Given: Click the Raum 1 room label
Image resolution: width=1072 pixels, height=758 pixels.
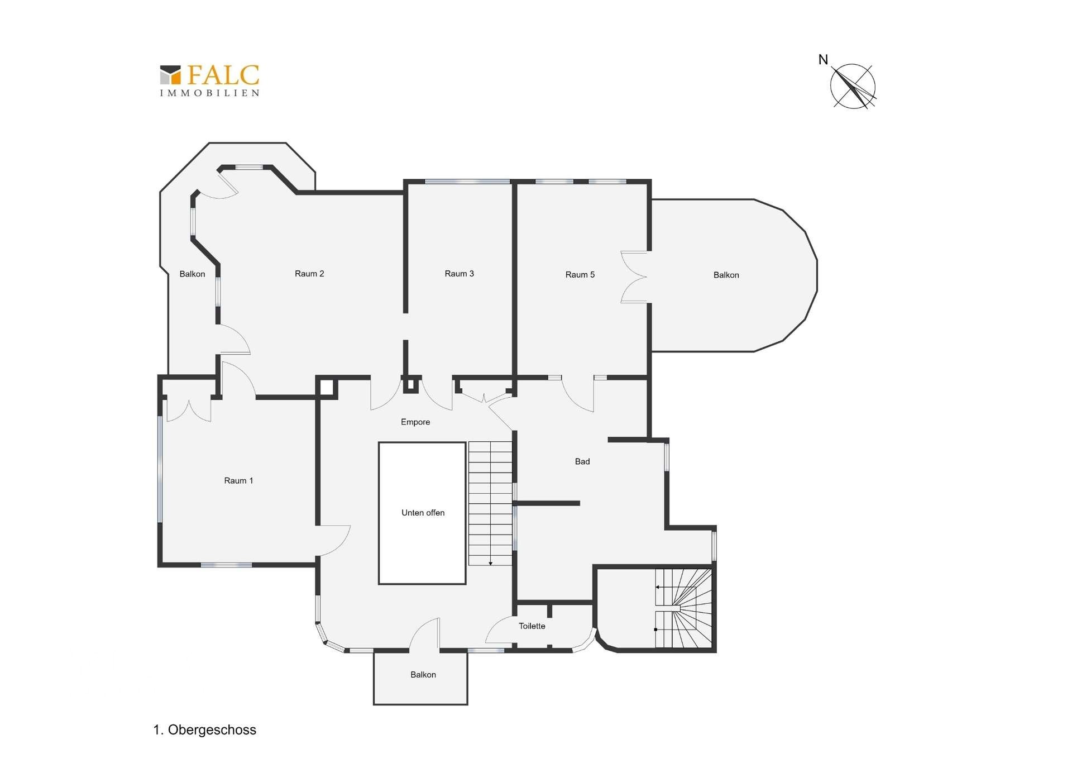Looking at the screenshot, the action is click(x=238, y=480).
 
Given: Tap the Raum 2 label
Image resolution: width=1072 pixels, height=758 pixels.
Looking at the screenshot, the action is click(x=309, y=273).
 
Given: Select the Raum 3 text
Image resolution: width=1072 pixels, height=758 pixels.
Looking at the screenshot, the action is click(x=459, y=273).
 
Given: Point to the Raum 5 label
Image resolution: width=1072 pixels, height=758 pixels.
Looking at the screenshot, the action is click(x=580, y=274).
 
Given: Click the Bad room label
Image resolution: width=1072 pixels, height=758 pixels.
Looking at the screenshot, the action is click(x=582, y=461).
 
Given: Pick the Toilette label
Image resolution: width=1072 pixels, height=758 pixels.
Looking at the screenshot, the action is click(x=532, y=626).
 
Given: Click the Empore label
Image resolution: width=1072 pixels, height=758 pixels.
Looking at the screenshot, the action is click(x=415, y=422).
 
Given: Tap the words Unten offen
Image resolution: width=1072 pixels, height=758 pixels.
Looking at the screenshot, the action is click(x=423, y=512).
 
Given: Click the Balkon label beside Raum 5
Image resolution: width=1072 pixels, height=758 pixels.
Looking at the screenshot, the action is click(x=726, y=275).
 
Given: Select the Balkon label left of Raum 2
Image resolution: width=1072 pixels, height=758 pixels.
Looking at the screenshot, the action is click(x=192, y=274).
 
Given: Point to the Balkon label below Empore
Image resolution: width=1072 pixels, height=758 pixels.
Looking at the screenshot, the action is click(x=423, y=674).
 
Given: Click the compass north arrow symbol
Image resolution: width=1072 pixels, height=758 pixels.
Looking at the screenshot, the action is click(x=853, y=87).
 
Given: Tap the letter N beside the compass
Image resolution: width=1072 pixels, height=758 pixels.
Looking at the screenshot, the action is click(x=823, y=60).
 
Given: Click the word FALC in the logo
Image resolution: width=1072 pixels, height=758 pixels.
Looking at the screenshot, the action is click(x=223, y=75).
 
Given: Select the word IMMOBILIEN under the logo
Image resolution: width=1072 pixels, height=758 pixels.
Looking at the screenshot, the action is click(x=209, y=93).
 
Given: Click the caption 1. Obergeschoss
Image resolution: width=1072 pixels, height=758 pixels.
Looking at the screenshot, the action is click(x=205, y=730).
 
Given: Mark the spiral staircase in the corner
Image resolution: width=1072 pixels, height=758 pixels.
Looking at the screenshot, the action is click(x=683, y=608).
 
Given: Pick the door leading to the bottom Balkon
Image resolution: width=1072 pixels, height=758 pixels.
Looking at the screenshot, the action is click(x=425, y=635).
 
